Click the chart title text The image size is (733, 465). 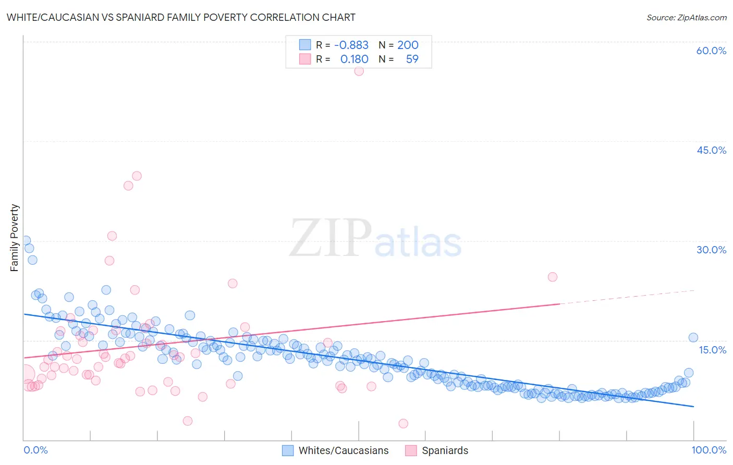point(181,17)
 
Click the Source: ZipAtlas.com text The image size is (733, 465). point(686,17)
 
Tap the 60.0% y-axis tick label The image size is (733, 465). point(711,51)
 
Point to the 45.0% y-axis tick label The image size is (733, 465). point(711,150)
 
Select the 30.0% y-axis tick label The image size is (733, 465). point(711,250)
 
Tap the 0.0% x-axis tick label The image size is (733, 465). point(35,450)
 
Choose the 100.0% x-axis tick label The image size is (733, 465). point(708,450)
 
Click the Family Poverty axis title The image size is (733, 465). point(15,238)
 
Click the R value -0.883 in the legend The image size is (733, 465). point(351,45)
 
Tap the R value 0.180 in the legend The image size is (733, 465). point(354,59)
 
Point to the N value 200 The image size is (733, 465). point(408,45)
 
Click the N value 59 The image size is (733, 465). point(412,59)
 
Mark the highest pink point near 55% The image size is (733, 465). point(359,71)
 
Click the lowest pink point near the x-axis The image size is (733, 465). point(403,423)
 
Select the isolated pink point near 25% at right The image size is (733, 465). point(553,277)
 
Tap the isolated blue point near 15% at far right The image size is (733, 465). point(693,337)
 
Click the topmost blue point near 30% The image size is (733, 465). point(26,240)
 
